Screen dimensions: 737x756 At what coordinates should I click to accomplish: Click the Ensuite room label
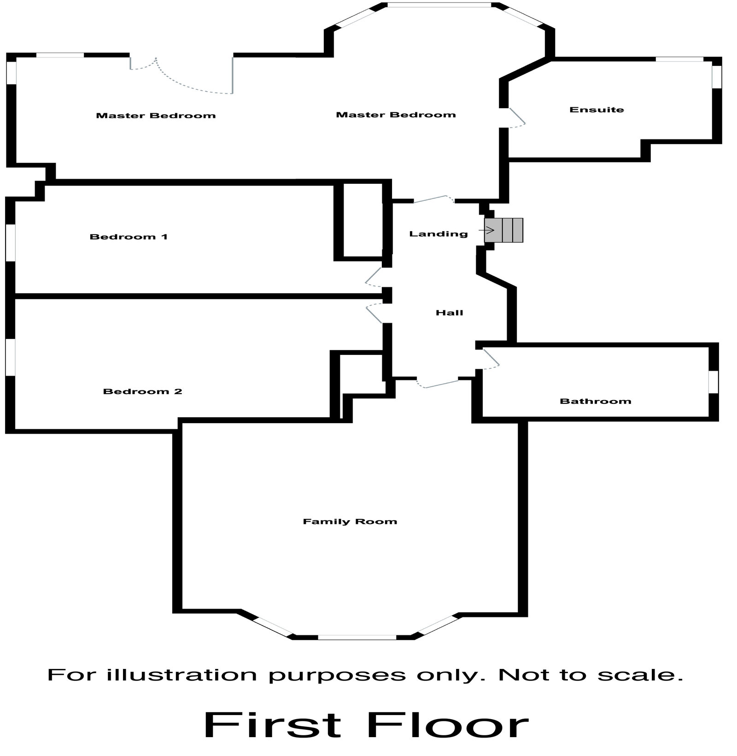[x=597, y=110]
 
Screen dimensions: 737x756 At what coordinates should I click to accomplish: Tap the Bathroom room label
[x=595, y=401]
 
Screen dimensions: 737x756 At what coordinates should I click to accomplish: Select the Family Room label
[x=350, y=521]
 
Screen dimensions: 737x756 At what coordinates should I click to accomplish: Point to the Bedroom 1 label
[x=129, y=237]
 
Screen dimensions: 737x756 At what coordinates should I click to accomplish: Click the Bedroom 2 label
[x=142, y=391]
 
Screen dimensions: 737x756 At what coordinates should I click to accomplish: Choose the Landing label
[x=438, y=234]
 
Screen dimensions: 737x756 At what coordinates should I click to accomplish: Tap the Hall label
[x=449, y=313]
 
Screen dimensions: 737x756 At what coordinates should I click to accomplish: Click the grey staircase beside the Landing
[x=504, y=230]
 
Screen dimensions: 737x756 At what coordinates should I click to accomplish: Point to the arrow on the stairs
[x=489, y=230]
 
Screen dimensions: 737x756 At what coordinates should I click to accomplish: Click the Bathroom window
[x=713, y=382]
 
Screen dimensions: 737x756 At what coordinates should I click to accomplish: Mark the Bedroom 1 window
[x=11, y=243]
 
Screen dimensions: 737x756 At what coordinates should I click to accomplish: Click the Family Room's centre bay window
[x=357, y=637]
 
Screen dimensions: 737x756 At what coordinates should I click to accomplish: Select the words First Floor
[x=366, y=726]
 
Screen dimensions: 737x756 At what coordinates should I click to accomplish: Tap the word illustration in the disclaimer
[x=181, y=675]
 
